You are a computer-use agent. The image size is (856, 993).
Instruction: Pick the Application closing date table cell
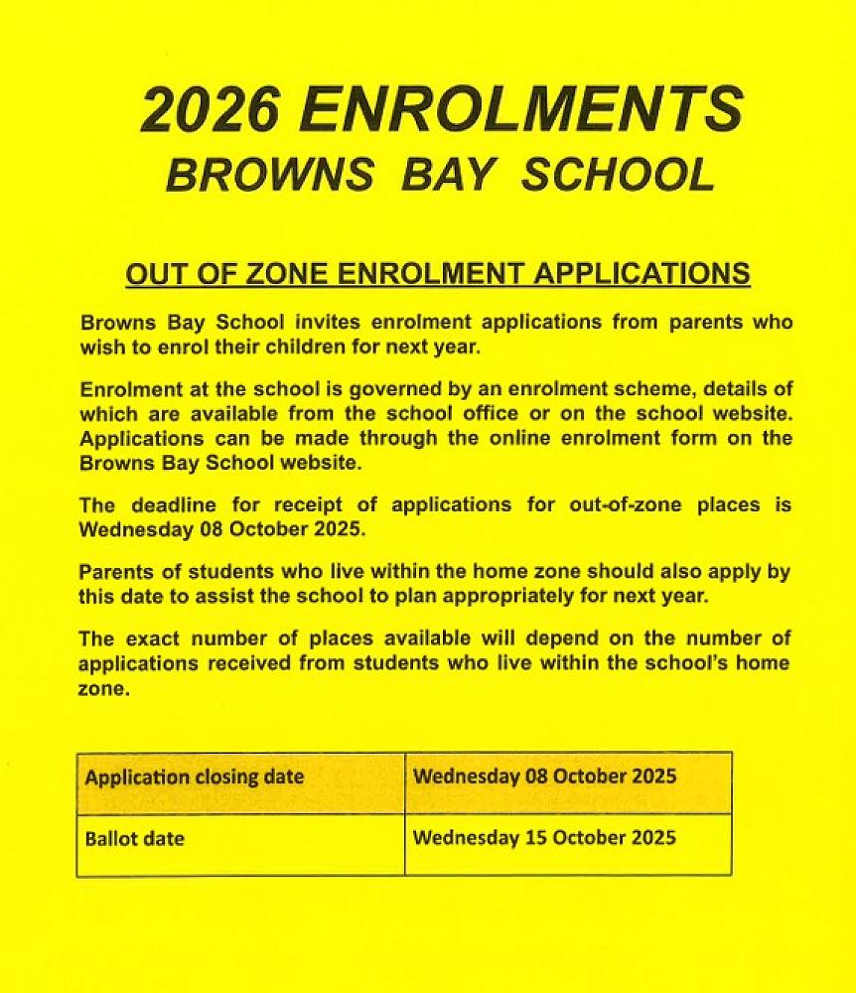coord(240,782)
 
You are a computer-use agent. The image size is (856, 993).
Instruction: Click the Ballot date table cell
coord(240,845)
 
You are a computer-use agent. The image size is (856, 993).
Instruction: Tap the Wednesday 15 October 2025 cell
coord(568,845)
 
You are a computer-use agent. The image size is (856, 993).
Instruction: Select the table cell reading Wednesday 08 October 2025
coord(568,782)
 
